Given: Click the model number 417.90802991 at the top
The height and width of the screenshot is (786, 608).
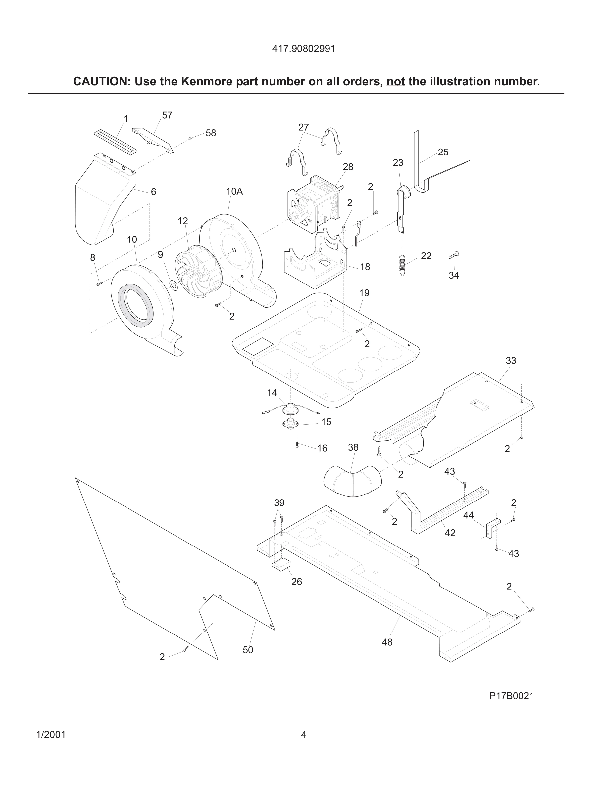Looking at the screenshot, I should (303, 49).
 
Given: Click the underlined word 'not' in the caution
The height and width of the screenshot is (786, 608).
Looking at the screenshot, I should (395, 82).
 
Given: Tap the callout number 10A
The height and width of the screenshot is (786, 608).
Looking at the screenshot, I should (234, 192).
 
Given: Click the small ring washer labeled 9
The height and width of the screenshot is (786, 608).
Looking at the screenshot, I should (173, 286).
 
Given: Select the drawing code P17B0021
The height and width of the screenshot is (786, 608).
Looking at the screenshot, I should (511, 696).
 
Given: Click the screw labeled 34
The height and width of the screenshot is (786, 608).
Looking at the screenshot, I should (454, 255).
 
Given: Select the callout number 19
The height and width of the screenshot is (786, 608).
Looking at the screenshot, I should (364, 293).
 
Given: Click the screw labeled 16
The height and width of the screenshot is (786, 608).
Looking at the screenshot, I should (297, 445).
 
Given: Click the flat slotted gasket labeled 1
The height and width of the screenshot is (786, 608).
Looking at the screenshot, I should (116, 142).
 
